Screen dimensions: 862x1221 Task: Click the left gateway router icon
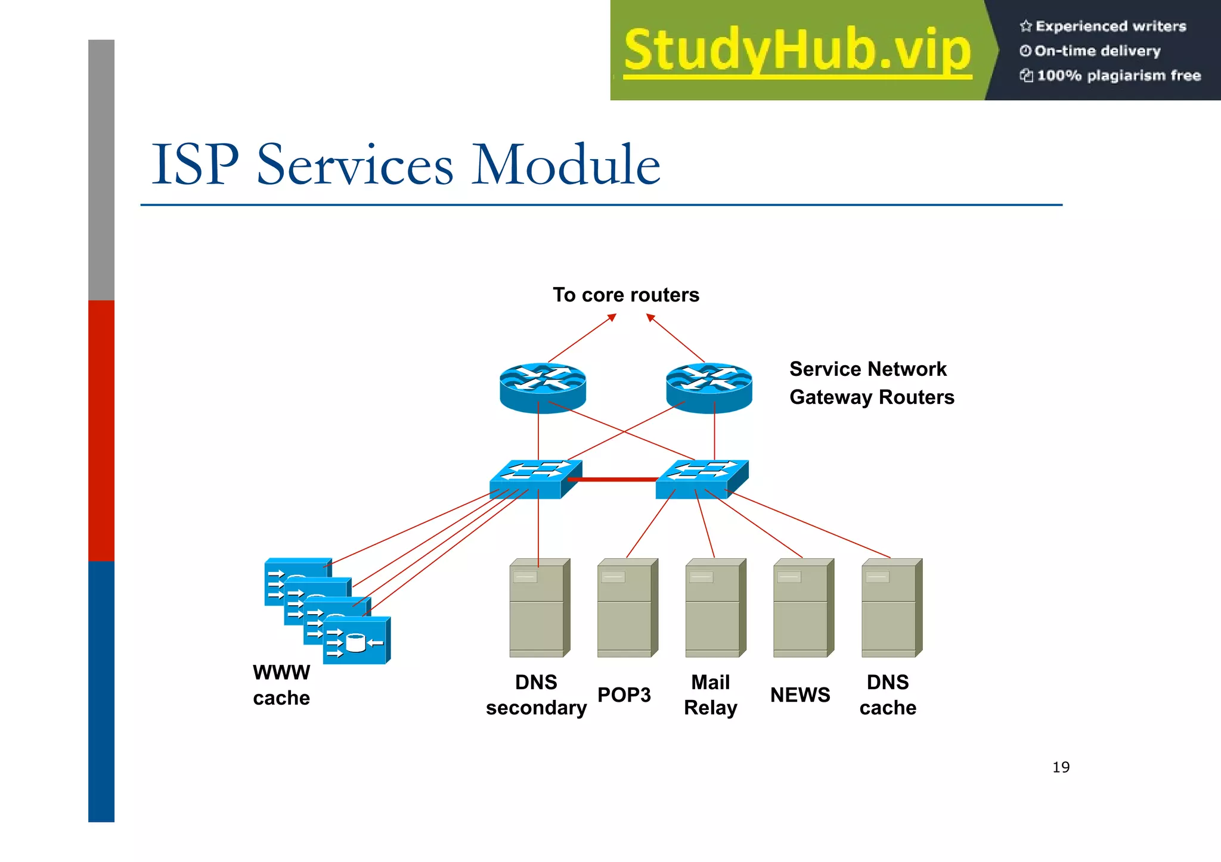543,387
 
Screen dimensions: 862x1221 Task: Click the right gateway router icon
708,387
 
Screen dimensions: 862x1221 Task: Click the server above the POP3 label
627,608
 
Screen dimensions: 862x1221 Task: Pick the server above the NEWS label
803,608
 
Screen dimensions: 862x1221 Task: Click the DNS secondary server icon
540,608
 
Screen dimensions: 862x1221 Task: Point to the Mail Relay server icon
715,608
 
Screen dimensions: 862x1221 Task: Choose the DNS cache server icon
891,608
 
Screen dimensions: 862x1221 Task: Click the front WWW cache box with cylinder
357,641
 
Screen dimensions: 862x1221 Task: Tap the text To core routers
625,295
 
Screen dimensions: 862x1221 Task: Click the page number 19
1061,767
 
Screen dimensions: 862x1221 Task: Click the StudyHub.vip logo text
797,51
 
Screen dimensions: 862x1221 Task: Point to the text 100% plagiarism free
1118,76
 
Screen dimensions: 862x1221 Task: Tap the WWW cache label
281,685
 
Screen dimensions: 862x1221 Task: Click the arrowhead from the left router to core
612,318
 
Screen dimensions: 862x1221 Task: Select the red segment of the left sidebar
101,430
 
